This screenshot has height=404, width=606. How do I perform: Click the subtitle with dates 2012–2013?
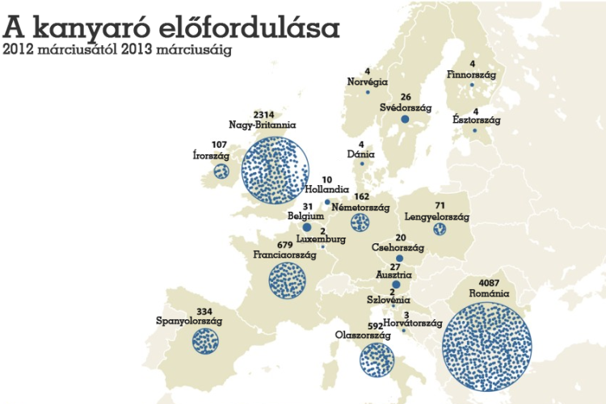(x=117, y=49)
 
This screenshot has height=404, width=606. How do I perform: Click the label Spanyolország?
(x=189, y=321)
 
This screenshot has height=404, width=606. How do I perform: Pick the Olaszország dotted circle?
(x=377, y=359)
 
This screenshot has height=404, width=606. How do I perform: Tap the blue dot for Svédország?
(x=405, y=120)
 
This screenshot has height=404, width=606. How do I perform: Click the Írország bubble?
(x=221, y=170)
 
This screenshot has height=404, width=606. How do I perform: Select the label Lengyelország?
(x=436, y=217)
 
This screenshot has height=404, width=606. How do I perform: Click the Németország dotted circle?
(x=360, y=222)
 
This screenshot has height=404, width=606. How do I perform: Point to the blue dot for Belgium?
(x=307, y=228)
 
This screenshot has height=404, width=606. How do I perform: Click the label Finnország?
(x=471, y=74)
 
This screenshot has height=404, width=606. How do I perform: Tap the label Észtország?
(x=476, y=120)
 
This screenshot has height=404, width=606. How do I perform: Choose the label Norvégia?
(x=368, y=82)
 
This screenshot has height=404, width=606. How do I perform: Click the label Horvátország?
(x=412, y=323)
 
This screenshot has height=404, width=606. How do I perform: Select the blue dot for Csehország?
(x=399, y=259)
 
